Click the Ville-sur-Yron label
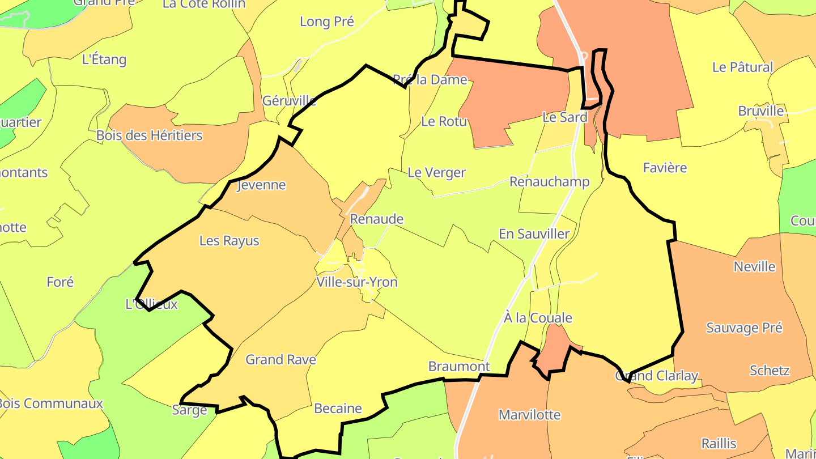(357, 282)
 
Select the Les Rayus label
(229, 241)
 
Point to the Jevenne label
(261, 185)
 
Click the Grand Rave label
(280, 360)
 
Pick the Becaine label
(338, 409)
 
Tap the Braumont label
(459, 367)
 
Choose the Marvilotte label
(529, 415)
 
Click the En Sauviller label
(534, 233)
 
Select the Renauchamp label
(549, 182)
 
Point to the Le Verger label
(436, 173)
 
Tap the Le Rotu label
(444, 121)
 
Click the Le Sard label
(564, 117)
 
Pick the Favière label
(665, 168)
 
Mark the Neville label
(754, 266)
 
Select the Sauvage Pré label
(744, 328)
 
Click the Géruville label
(289, 101)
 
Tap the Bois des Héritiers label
(149, 135)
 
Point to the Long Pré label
(327, 22)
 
